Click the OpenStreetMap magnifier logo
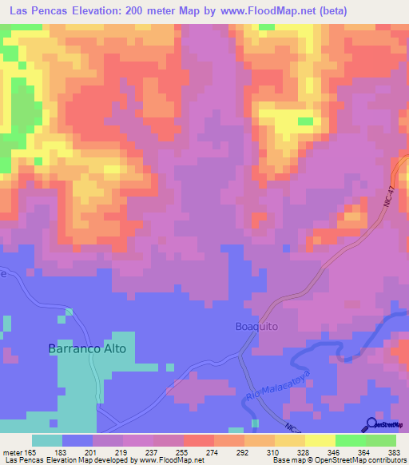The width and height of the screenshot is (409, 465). (371, 425)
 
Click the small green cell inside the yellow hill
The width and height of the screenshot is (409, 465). (304, 121)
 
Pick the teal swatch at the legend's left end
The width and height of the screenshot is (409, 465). (47, 440)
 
